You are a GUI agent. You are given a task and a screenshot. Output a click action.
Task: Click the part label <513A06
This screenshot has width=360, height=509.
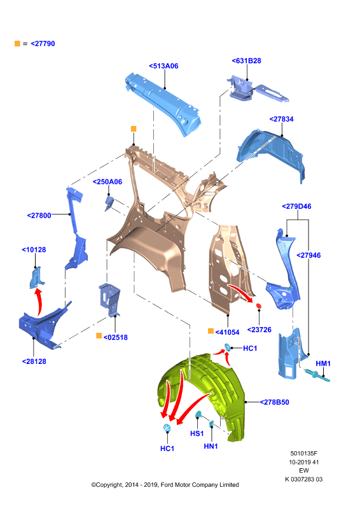click(x=163, y=66)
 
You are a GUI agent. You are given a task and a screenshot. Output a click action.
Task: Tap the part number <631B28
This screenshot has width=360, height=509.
click(x=246, y=60)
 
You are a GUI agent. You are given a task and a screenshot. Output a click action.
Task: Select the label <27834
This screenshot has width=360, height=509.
click(x=281, y=119)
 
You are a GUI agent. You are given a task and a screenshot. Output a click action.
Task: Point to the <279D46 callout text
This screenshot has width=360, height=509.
click(x=296, y=206)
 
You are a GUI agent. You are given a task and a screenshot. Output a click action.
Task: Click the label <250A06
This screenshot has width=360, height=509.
click(x=107, y=182)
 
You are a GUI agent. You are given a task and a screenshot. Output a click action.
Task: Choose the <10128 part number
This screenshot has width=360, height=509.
click(x=34, y=249)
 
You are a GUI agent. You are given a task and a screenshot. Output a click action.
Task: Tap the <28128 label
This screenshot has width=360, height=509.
click(x=34, y=361)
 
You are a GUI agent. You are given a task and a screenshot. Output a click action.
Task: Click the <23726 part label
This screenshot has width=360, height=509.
click(x=260, y=330)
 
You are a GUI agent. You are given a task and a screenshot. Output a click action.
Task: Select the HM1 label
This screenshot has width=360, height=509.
click(x=323, y=363)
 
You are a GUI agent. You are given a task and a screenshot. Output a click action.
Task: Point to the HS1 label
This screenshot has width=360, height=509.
click(x=197, y=433)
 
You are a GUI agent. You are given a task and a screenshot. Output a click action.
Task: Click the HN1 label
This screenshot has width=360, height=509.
click(x=211, y=447)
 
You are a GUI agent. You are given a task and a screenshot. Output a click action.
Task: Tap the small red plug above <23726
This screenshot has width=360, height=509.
click(x=259, y=306)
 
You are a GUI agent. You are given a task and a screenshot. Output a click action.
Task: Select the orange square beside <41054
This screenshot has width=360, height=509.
click(x=211, y=331)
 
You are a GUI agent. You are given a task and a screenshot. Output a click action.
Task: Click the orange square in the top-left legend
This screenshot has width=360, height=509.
click(x=18, y=43)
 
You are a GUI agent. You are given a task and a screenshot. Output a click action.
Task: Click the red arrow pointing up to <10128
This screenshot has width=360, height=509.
click(x=39, y=302)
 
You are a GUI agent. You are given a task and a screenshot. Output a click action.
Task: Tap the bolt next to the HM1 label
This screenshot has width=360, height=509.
click(x=317, y=375)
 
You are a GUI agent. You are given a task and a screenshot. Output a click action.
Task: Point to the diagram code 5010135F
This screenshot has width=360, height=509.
click(x=304, y=453)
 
